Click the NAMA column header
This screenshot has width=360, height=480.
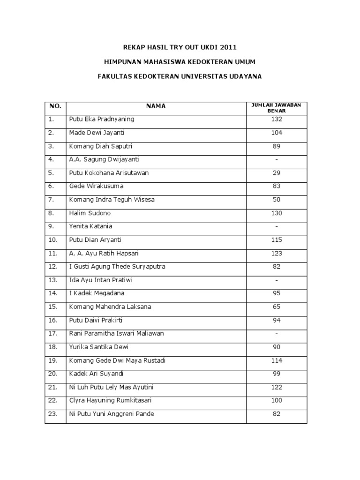[x=156, y=106]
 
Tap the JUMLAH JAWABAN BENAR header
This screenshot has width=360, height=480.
[x=276, y=108]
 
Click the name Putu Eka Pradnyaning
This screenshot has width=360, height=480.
[x=102, y=119]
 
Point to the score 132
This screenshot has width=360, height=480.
[x=277, y=119]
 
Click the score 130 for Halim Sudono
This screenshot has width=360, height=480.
[x=277, y=213]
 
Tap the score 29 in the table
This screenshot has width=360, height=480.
[x=277, y=173]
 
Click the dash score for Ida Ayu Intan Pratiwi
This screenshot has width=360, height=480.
[x=277, y=280]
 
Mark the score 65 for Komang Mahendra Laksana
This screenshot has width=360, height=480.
[x=277, y=307]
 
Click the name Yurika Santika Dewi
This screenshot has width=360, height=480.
[x=98, y=347]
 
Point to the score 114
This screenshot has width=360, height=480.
[x=277, y=360]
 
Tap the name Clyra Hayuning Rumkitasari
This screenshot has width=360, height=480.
[x=110, y=400]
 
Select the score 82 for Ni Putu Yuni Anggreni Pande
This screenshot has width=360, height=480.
[x=277, y=414]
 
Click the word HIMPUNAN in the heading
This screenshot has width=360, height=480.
[x=123, y=61]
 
